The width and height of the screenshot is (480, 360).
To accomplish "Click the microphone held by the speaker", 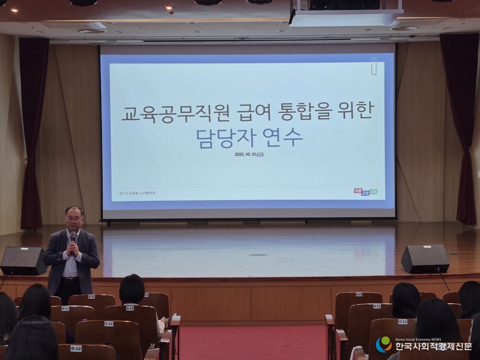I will click(73, 239).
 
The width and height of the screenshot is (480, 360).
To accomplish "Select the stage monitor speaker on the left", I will click(23, 260).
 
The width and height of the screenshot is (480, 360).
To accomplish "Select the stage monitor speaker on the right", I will click(425, 259).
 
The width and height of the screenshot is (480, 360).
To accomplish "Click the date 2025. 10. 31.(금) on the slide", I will click(253, 155).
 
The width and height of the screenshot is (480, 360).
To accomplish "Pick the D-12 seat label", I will click(76, 348).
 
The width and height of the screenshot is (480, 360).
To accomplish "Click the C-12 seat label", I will click(108, 324).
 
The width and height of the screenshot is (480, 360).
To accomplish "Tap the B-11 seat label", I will click(65, 309).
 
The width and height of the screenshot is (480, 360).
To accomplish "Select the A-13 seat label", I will click(359, 294).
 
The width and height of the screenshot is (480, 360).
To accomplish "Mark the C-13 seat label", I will click(402, 322).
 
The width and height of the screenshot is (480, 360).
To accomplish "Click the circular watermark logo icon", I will click(384, 344).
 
